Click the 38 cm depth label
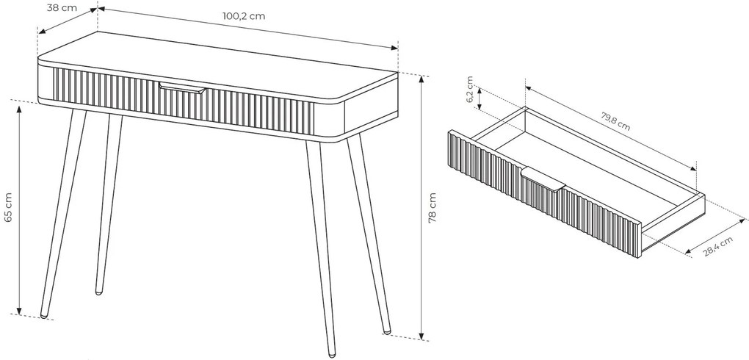[x=62, y=8]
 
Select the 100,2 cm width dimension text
[x=244, y=15]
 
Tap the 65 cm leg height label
[x=8, y=207]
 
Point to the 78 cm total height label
[x=433, y=208]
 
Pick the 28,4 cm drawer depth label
[x=717, y=247]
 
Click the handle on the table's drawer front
[x=182, y=88]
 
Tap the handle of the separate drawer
[x=543, y=180]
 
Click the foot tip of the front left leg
[x=44, y=315]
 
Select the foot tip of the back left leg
[x=99, y=292]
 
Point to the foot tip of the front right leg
[x=332, y=355]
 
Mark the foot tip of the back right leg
[x=388, y=331]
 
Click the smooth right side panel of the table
[x=371, y=106]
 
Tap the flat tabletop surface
[x=217, y=65]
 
